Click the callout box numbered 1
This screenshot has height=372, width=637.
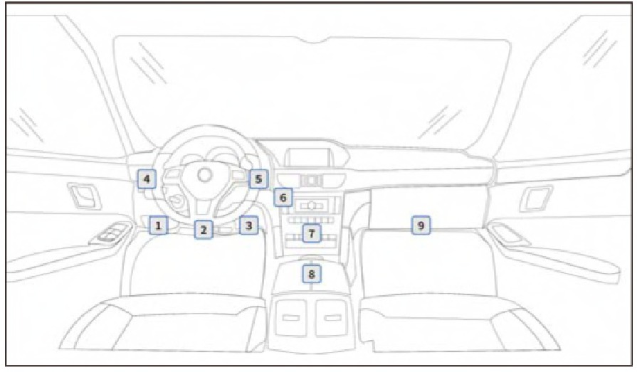159,225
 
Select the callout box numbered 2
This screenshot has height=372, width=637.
204,230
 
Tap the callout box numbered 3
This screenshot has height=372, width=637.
248,225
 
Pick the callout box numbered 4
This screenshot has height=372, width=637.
147,179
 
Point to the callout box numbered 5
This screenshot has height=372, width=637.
258,179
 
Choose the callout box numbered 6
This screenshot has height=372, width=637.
283,197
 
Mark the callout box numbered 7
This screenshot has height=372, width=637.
312,233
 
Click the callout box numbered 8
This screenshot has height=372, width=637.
312,274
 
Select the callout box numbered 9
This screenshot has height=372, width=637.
421,225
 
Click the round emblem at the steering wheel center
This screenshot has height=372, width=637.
205,175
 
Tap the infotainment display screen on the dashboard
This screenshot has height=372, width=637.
307,157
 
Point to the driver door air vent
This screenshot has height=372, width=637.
84,196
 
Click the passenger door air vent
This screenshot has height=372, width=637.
536,198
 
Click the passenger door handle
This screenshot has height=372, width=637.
509,235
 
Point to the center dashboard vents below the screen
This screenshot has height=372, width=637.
311,181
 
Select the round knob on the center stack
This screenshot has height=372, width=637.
312,206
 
